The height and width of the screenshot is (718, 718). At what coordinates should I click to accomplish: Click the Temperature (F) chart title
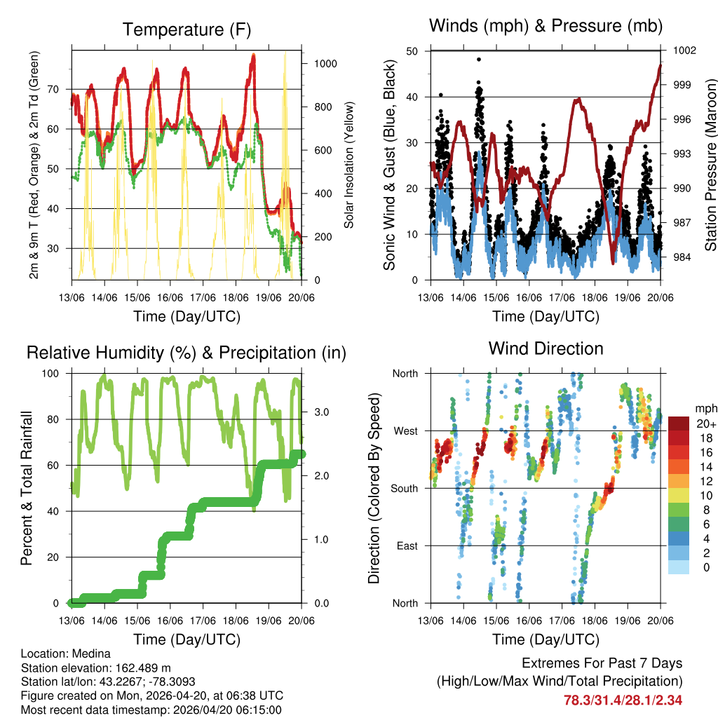click(187, 29)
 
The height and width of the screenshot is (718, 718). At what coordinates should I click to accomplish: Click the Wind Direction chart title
click(546, 348)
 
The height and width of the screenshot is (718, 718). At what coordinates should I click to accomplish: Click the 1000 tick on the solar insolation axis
click(326, 63)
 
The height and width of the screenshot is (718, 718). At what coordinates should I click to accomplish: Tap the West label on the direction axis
click(405, 431)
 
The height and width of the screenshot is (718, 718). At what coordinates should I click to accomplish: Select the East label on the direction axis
click(406, 546)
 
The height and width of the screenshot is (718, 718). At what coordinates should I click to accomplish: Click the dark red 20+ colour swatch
click(679, 424)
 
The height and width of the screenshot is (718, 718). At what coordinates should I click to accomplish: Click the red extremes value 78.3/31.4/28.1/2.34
click(623, 700)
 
